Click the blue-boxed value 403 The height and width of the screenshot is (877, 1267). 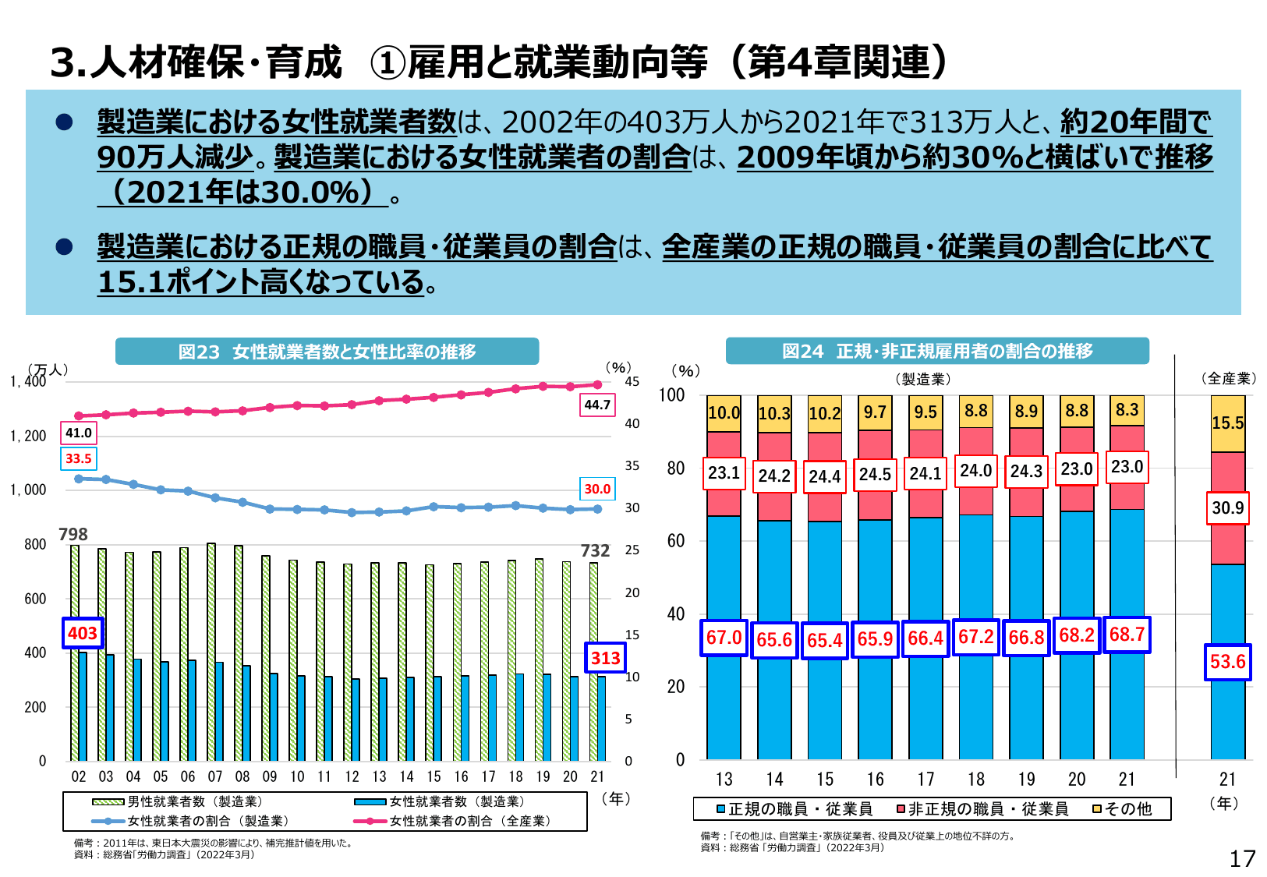point(83,633)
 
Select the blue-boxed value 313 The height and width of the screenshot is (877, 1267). point(605,658)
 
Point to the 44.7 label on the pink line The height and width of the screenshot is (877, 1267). point(597,405)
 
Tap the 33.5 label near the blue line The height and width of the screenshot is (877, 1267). point(78,458)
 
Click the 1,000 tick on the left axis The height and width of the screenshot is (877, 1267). point(28,490)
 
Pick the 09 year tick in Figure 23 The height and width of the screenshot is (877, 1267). point(270,776)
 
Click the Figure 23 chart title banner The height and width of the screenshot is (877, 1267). point(327,352)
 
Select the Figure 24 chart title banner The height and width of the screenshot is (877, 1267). point(937,351)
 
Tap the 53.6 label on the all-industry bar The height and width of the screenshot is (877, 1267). point(1227,662)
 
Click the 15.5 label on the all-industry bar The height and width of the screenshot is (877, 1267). point(1227,423)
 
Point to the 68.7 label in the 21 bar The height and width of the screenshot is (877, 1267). point(1127,635)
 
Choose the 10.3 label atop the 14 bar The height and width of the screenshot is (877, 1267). point(774,413)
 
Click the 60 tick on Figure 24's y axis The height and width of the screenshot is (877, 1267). point(676,540)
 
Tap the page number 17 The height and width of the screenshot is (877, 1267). point(1242,859)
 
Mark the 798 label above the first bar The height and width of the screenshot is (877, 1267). point(73,534)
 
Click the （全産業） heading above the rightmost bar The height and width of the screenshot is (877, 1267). point(1229,378)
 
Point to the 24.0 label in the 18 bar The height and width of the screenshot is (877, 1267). point(975,471)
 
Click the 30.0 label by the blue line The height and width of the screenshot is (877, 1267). point(597,489)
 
